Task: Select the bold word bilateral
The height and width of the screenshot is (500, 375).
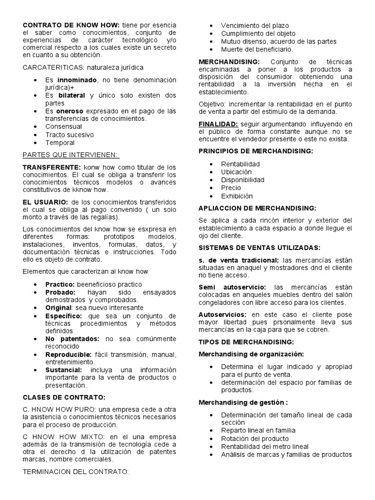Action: pyautogui.click(x=71, y=95)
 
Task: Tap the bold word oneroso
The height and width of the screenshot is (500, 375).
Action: pyautogui.click(x=72, y=111)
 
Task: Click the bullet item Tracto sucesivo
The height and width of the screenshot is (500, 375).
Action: pyautogui.click(x=69, y=135)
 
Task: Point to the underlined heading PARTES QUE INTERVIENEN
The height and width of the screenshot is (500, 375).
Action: pyautogui.click(x=70, y=155)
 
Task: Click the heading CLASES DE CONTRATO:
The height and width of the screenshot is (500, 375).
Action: pyautogui.click(x=64, y=397)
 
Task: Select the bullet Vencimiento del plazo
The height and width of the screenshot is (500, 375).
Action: pyautogui.click(x=254, y=25)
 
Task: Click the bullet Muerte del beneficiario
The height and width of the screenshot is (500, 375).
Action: pyautogui.click(x=257, y=49)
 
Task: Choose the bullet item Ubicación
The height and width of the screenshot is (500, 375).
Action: pyautogui.click(x=236, y=172)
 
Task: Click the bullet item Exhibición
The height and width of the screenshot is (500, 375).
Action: pyautogui.click(x=237, y=196)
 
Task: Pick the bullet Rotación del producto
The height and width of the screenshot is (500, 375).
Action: pyautogui.click(x=252, y=438)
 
